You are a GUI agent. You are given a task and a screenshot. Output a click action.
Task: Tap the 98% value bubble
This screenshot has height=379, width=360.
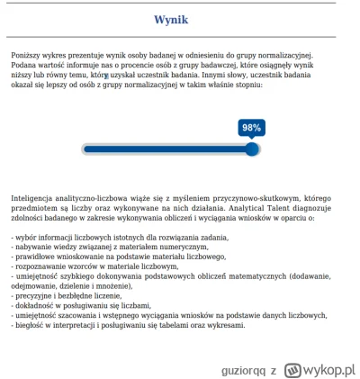point(251,128)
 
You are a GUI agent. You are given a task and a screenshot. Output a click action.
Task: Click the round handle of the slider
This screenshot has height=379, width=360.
point(252,149)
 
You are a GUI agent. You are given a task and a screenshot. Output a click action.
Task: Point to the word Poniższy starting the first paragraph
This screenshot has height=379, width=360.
point(28,56)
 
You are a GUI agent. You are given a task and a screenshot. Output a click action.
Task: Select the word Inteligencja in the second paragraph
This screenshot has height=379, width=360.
point(34,197)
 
